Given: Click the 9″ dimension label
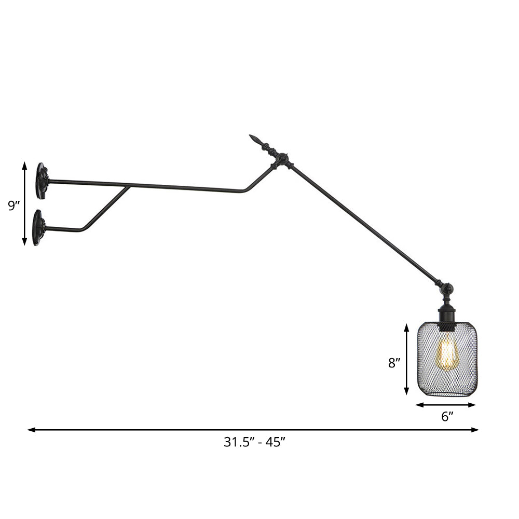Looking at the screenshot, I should pyautogui.click(x=14, y=206).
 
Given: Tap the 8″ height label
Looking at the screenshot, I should pyautogui.click(x=395, y=363).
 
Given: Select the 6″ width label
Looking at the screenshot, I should pyautogui.click(x=447, y=416).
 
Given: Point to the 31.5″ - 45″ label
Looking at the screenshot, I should pyautogui.click(x=255, y=442).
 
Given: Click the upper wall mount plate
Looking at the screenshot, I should pyautogui.click(x=42, y=181).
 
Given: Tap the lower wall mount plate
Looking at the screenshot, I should pyautogui.click(x=38, y=227).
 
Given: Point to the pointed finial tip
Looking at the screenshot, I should pyautogui.click(x=254, y=139).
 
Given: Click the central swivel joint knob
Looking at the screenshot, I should pyautogui.click(x=282, y=159).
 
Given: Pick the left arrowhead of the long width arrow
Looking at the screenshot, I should pyautogui.click(x=31, y=430).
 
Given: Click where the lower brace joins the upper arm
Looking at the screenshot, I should pyautogui.click(x=127, y=187).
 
